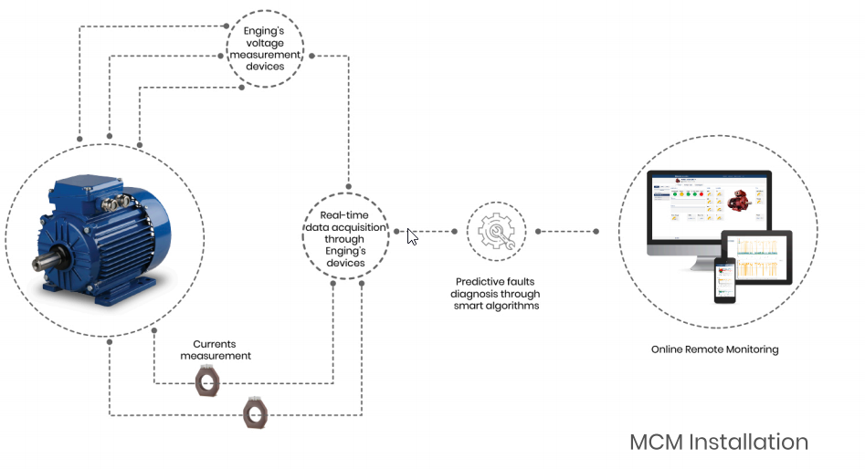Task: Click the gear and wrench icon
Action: coord(496,232)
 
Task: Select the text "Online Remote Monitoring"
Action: coord(715,349)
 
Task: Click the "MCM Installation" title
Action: coord(719,443)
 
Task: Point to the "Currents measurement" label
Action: coord(216,349)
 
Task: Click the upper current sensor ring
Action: coord(208,380)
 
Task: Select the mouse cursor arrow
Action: coord(412,237)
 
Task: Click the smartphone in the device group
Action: coord(725,280)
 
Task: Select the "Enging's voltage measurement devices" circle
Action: coord(265,48)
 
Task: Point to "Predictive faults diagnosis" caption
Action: coord(496,283)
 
